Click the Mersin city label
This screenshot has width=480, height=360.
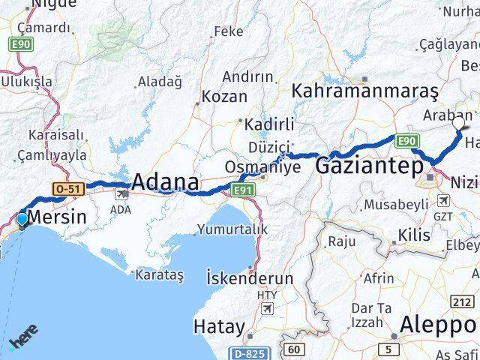tap(56, 218)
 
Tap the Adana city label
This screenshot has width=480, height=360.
tap(166, 182)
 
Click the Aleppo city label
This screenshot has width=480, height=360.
tap(439, 325)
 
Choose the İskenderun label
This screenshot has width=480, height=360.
tap(249, 277)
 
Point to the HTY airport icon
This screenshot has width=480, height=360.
tap(267, 307)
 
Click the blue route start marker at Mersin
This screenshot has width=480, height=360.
tap(22, 219)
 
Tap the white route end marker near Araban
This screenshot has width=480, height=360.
tap(459, 121)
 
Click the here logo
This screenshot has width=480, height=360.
tap(24, 341)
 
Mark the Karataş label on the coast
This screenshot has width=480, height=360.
tap(159, 275)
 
